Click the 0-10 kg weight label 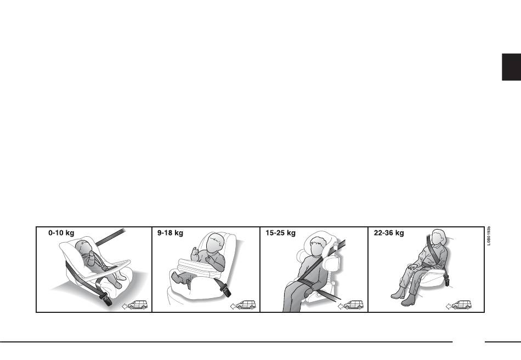[61, 233]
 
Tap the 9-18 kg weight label [170, 233]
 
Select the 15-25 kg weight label [280, 233]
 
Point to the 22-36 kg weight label [389, 233]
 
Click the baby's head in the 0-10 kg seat [82, 247]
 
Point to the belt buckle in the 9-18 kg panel [225, 290]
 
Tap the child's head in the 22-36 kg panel [439, 237]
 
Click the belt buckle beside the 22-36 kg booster [447, 281]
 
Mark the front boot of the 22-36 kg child [409, 300]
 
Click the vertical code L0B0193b [489, 236]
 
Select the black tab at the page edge [511, 67]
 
